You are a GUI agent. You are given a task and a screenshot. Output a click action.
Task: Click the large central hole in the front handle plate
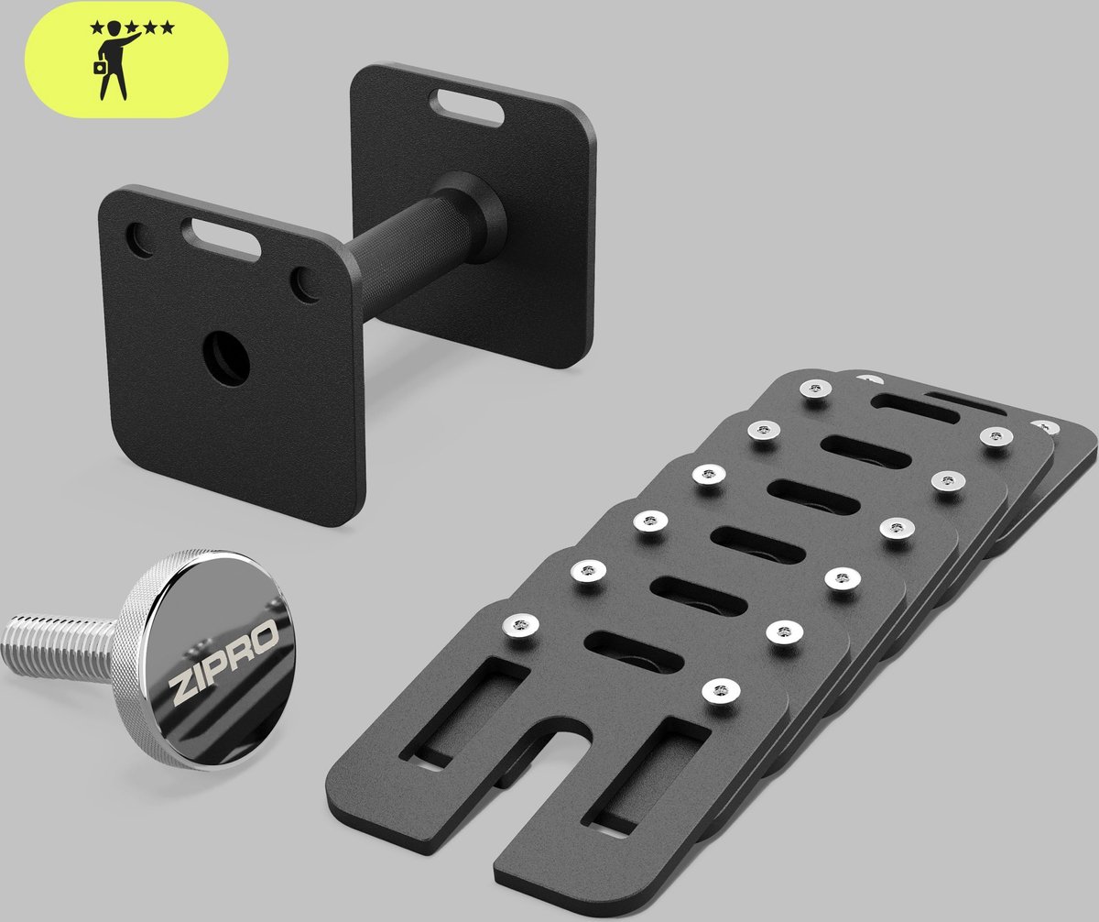[x=226, y=358]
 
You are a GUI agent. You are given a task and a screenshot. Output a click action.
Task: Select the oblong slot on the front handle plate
[x=221, y=239]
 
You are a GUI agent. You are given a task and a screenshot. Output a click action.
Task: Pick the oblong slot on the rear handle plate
[x=466, y=108]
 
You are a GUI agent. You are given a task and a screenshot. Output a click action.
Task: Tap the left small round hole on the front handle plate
[x=139, y=240]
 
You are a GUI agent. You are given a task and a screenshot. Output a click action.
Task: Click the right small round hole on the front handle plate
[x=306, y=285]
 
